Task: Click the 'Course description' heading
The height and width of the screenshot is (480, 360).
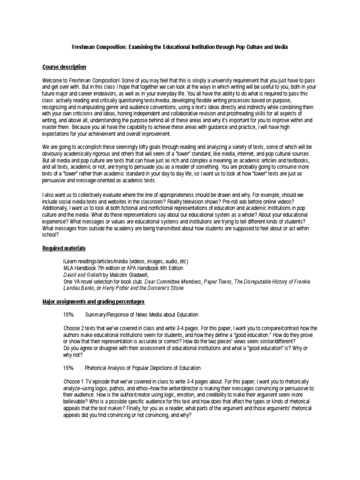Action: tap(64, 67)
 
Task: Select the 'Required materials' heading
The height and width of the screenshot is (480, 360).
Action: tap(64, 248)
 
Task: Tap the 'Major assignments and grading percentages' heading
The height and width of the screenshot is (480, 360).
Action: tap(94, 301)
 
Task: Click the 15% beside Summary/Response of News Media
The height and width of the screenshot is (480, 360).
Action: tap(68, 315)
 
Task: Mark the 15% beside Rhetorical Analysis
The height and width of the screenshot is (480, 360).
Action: tap(68, 368)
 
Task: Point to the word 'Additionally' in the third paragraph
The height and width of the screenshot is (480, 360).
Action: tap(56, 213)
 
